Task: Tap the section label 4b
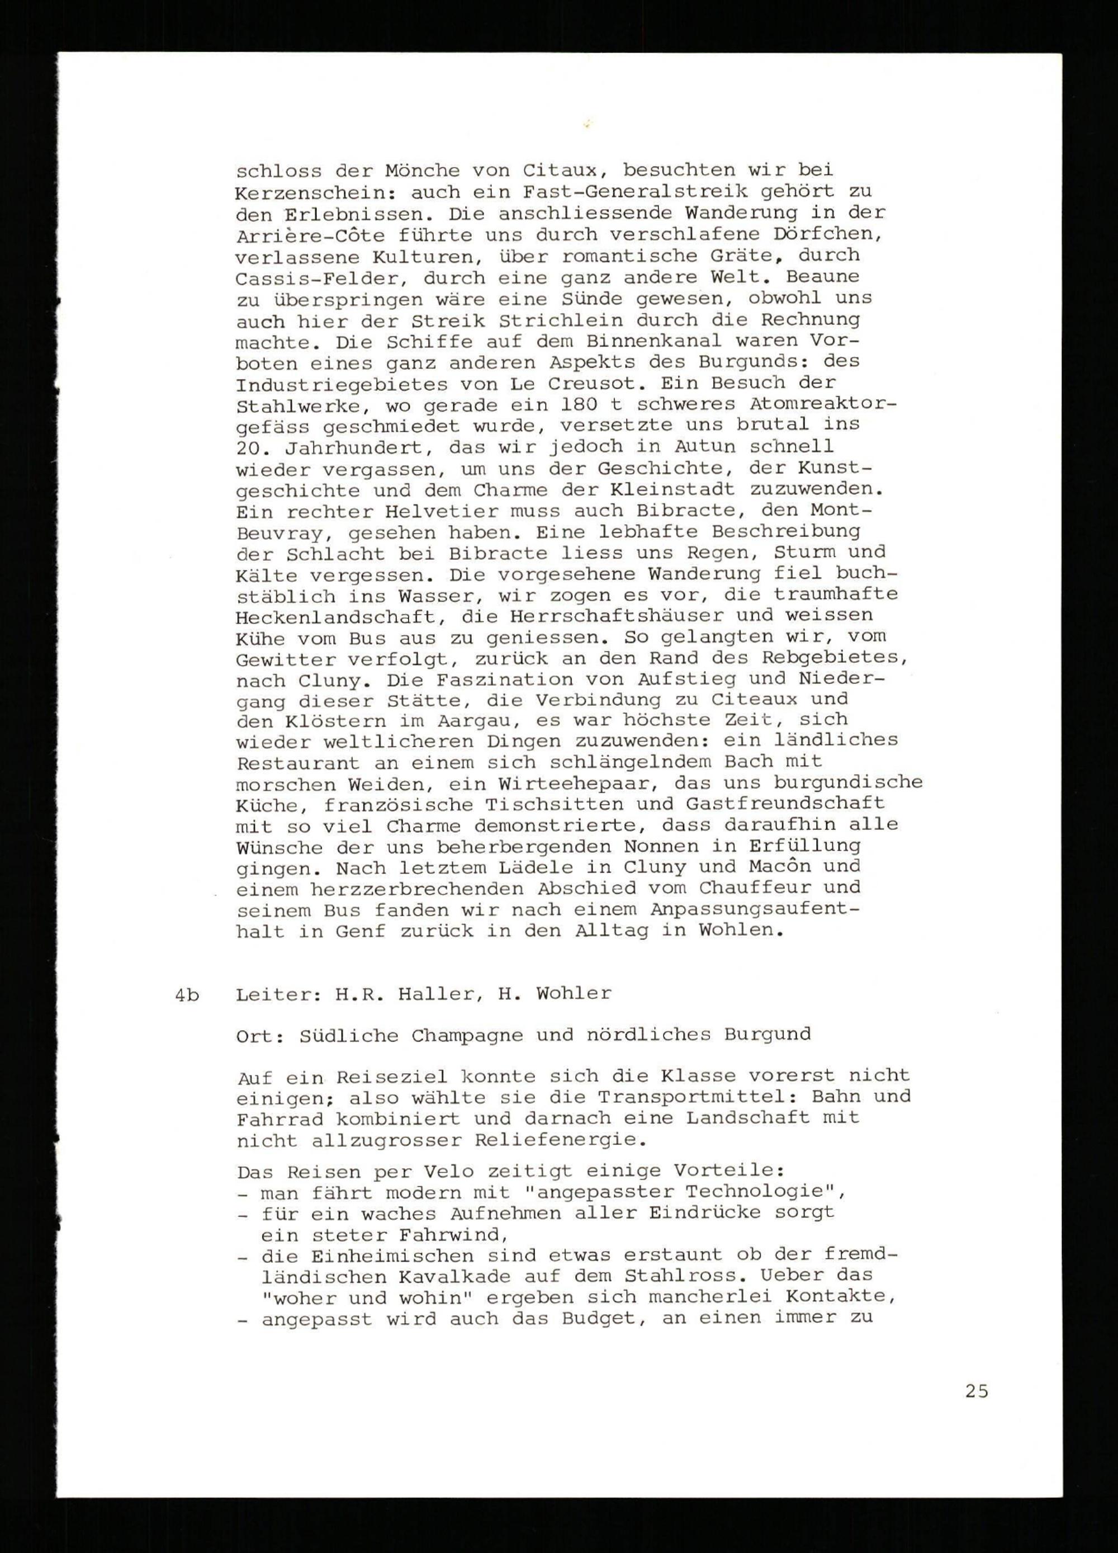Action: tap(186, 995)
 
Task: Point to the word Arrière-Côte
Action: tap(310, 235)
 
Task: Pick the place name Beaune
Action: tap(823, 277)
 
